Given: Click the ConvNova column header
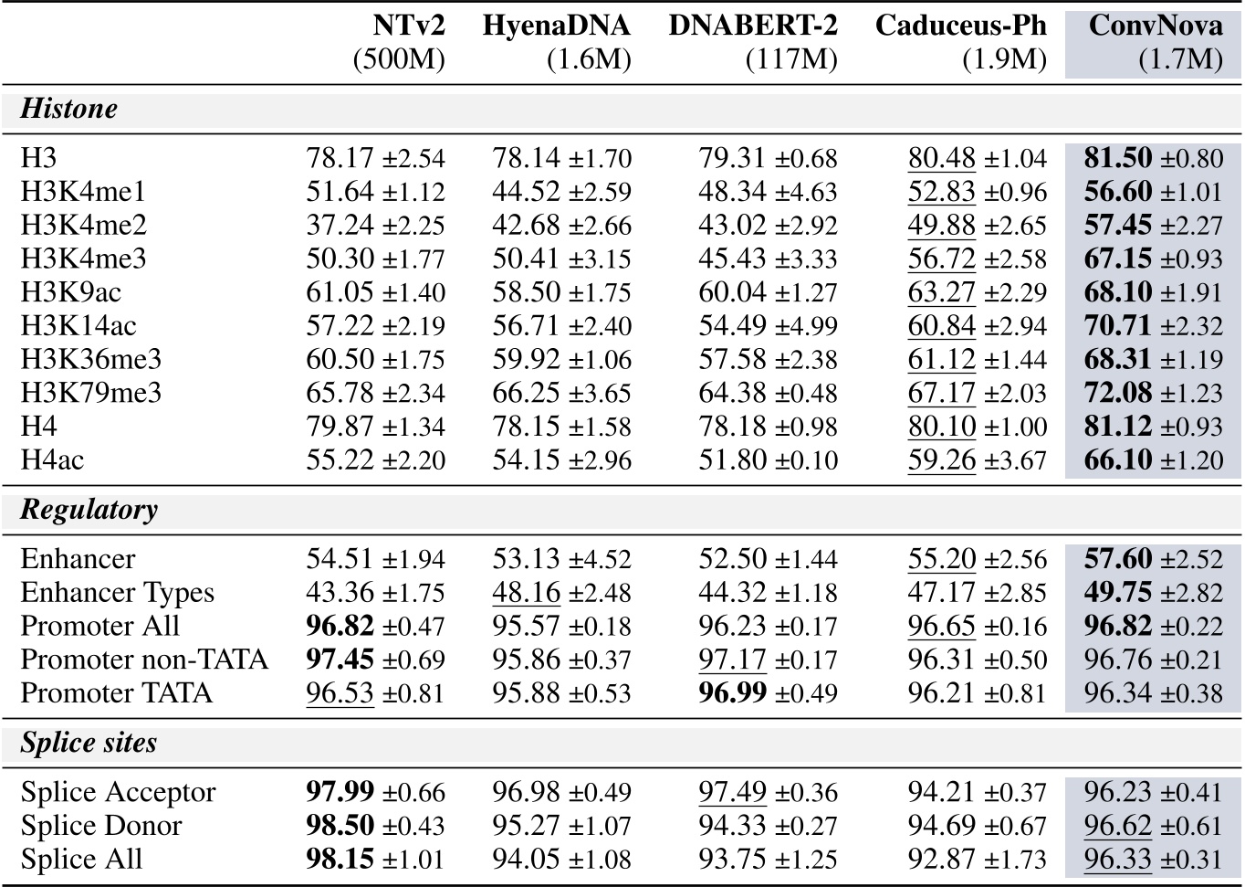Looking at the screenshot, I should click(x=1155, y=25).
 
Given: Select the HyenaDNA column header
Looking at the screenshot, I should click(x=556, y=25).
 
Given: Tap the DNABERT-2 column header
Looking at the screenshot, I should click(x=752, y=25).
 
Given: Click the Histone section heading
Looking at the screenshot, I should click(x=69, y=109).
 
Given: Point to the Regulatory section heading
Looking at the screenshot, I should click(x=89, y=509).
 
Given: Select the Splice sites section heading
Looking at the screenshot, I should click(x=89, y=743).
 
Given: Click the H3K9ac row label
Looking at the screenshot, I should click(x=70, y=292).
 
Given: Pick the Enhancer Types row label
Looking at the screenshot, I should click(x=117, y=592).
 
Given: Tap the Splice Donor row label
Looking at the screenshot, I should click(x=101, y=826).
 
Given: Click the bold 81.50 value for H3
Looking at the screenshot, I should click(x=1118, y=158).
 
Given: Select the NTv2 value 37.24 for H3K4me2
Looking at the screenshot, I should click(x=340, y=226).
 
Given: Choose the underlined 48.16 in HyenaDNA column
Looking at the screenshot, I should click(x=527, y=592).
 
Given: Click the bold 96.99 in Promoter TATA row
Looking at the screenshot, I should click(x=733, y=692).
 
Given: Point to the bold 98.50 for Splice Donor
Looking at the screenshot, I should click(x=340, y=826).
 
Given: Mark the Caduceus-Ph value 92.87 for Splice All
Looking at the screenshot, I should click(x=941, y=860).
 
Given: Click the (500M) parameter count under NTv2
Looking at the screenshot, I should click(x=399, y=60).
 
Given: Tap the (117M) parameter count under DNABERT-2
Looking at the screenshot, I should click(x=791, y=60).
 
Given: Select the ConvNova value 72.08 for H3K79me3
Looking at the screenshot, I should click(x=1118, y=393).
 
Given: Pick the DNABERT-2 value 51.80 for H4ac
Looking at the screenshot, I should click(x=733, y=459).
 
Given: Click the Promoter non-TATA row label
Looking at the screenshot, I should click(x=144, y=660).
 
